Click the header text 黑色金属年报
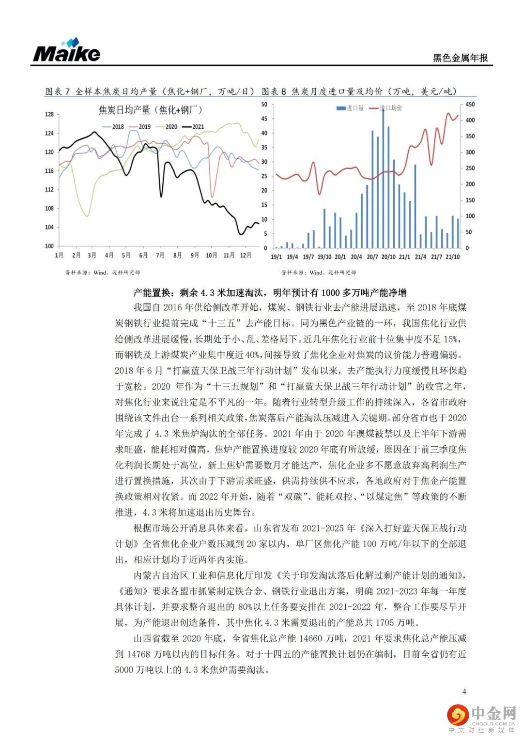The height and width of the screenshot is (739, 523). (460, 58)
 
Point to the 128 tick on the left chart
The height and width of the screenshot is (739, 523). (49, 115)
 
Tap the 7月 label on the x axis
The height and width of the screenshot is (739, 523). (160, 255)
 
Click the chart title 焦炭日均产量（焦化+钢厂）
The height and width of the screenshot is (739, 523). (151, 110)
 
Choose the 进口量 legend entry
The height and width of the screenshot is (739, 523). (351, 108)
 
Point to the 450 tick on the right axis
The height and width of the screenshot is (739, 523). (470, 105)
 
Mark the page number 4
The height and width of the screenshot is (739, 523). (464, 691)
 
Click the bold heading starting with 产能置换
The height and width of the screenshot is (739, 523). (270, 292)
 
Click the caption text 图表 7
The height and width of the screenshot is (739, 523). (58, 91)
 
